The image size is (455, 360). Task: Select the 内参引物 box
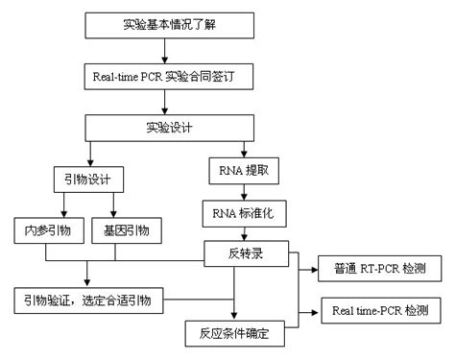45,230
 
